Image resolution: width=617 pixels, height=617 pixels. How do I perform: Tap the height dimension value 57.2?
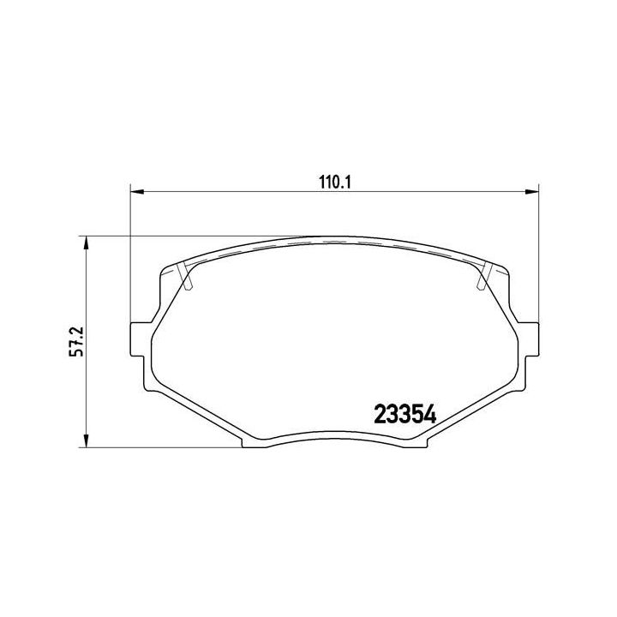75,341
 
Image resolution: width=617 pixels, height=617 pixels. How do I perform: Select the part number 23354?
406,415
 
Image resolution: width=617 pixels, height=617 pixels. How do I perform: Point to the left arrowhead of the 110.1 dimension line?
135,193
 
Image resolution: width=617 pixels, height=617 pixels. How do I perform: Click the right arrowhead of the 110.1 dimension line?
532,193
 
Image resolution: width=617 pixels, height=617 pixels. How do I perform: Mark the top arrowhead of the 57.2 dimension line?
85,243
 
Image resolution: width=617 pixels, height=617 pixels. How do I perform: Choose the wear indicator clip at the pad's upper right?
482,276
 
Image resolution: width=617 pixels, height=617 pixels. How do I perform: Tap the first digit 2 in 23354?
380,415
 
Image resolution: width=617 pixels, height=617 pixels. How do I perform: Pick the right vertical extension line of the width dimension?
538,257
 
